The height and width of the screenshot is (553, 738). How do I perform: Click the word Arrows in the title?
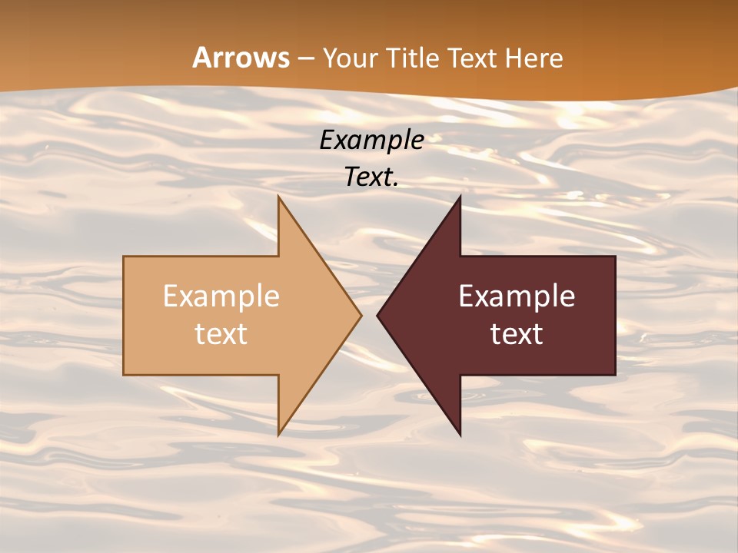241,58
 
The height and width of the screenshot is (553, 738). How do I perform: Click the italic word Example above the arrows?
371,141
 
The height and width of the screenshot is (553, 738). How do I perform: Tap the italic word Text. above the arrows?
371,177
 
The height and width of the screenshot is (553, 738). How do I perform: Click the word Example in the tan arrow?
221,296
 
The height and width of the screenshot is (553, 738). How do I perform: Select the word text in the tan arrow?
221,333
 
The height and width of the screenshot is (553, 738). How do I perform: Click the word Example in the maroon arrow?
517,296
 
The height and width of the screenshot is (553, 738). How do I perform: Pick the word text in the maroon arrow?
517,333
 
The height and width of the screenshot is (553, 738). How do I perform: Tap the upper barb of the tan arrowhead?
280,200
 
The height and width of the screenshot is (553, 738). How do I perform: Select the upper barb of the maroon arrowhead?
459,200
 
